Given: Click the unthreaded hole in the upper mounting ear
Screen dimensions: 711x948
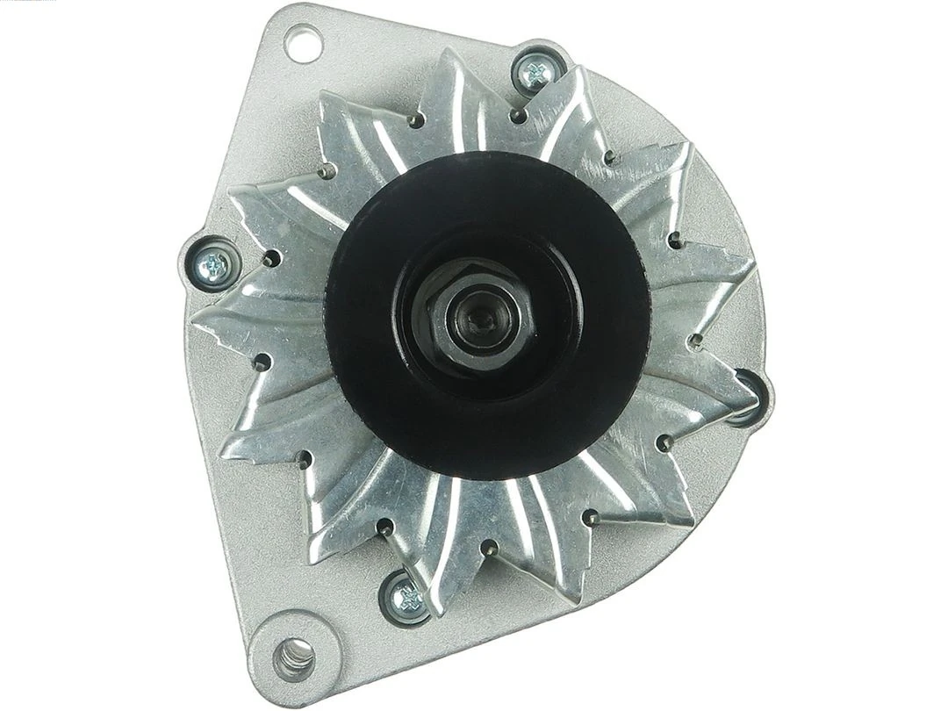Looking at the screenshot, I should (x=303, y=44).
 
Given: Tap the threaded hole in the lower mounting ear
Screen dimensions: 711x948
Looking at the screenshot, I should (x=295, y=654).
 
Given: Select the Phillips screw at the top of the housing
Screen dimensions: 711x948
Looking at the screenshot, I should (x=535, y=75).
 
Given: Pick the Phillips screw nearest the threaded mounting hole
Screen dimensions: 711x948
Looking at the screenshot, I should (x=406, y=598).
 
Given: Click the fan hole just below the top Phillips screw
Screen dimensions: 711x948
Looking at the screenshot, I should (x=519, y=115).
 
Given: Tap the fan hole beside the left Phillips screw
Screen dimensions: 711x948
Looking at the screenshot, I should (x=271, y=259).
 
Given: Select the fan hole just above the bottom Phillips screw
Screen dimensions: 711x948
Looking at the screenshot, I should (x=385, y=528).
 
